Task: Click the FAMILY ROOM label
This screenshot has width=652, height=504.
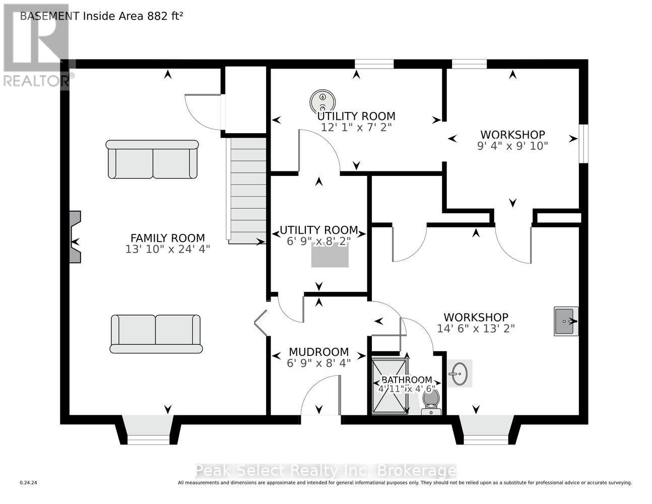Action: pos(167,238)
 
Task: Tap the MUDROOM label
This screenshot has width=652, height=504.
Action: pos(318,352)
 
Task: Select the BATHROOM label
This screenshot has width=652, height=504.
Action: pos(407,380)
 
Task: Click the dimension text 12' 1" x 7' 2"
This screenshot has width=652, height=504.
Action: pos(356,128)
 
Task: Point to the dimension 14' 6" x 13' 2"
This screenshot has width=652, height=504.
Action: pos(476,329)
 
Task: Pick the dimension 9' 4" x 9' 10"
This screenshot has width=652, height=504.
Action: pos(512,146)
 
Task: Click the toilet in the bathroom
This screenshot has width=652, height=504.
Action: pos(431,402)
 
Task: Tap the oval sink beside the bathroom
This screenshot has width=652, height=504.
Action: pos(459,374)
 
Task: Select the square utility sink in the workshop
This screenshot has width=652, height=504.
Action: pos(566,321)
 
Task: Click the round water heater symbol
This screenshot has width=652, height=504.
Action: pos(322,101)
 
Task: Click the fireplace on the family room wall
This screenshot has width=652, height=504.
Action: pos(75,237)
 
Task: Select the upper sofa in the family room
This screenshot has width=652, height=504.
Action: pos(152,159)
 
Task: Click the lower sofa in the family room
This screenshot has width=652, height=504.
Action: pos(156,334)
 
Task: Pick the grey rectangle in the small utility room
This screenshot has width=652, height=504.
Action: pos(330,255)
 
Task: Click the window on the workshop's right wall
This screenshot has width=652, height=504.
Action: pos(583,144)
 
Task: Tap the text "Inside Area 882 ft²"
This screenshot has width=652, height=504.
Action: pos(133,16)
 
